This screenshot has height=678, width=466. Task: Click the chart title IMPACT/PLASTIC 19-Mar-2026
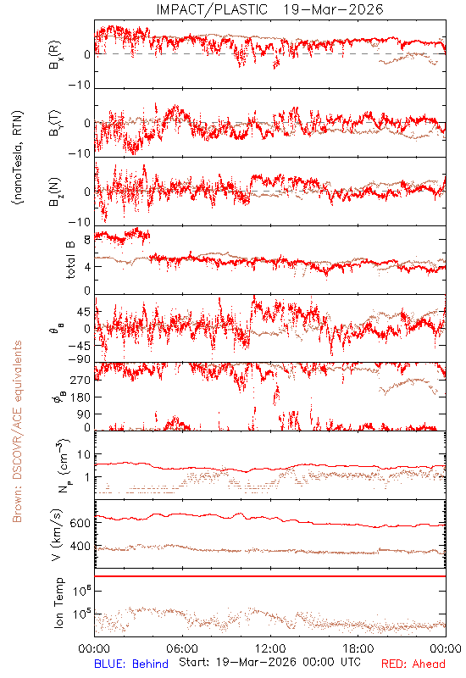269,9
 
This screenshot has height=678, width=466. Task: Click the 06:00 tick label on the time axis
182,648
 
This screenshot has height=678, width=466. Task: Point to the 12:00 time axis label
270,648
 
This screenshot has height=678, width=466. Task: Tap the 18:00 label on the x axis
358,648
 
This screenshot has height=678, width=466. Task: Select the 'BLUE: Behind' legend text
131,664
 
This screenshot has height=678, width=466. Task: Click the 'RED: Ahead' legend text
413,664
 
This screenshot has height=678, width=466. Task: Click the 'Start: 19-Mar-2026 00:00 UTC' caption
269,662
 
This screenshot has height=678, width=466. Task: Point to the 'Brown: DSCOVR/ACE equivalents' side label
17,431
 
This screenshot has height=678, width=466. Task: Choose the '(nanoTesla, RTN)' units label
18,158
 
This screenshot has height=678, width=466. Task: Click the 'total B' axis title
69,260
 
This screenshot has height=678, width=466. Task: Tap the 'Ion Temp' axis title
58,603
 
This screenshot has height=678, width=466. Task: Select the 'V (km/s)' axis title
58,535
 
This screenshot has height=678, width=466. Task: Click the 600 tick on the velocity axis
80,523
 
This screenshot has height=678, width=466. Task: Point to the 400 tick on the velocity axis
80,547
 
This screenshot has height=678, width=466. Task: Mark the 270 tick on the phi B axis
80,380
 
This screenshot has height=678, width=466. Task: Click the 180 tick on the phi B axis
80,397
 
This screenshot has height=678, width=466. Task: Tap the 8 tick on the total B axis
87,240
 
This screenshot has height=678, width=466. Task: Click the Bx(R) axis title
54,55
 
